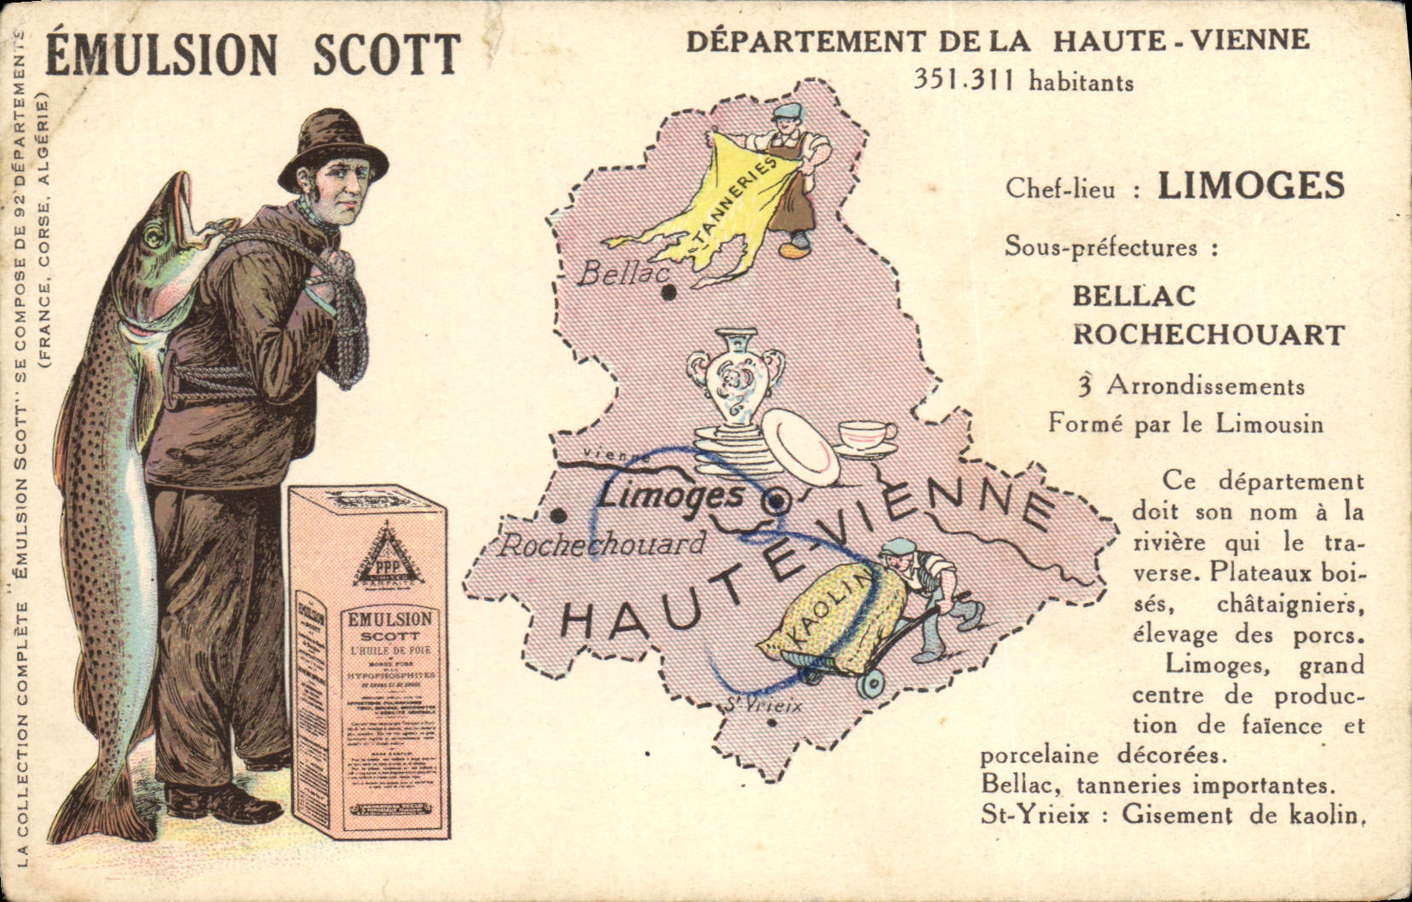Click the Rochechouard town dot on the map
point(558,516)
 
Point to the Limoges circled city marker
point(775,502)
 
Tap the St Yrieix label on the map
point(764,705)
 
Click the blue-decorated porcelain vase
point(735,376)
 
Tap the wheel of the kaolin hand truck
point(870,684)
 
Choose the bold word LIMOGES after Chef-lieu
point(1250,185)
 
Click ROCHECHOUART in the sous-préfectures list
point(1207,334)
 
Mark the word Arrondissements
point(1205,386)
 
